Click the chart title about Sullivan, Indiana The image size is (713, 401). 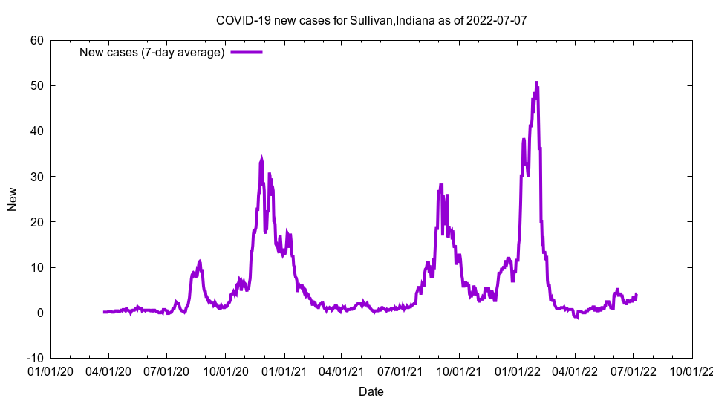[x=371, y=20]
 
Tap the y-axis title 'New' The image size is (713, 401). [x=13, y=199]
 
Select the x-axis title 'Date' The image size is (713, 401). [x=371, y=391]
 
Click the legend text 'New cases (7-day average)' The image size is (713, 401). [x=152, y=52]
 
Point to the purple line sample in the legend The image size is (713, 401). [x=247, y=52]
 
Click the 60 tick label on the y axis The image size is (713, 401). [x=36, y=40]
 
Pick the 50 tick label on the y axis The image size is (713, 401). [x=36, y=85]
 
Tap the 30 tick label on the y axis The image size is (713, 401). [x=36, y=177]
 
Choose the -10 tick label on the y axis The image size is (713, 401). [x=34, y=358]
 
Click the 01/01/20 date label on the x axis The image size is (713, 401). [x=50, y=371]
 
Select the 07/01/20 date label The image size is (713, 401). [x=166, y=371]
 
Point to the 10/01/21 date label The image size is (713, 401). [x=459, y=371]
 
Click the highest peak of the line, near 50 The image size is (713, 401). [x=536, y=82]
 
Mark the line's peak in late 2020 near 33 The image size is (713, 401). [x=261, y=158]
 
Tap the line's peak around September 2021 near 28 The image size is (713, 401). [x=441, y=185]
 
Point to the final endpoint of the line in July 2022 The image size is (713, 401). [x=637, y=295]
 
